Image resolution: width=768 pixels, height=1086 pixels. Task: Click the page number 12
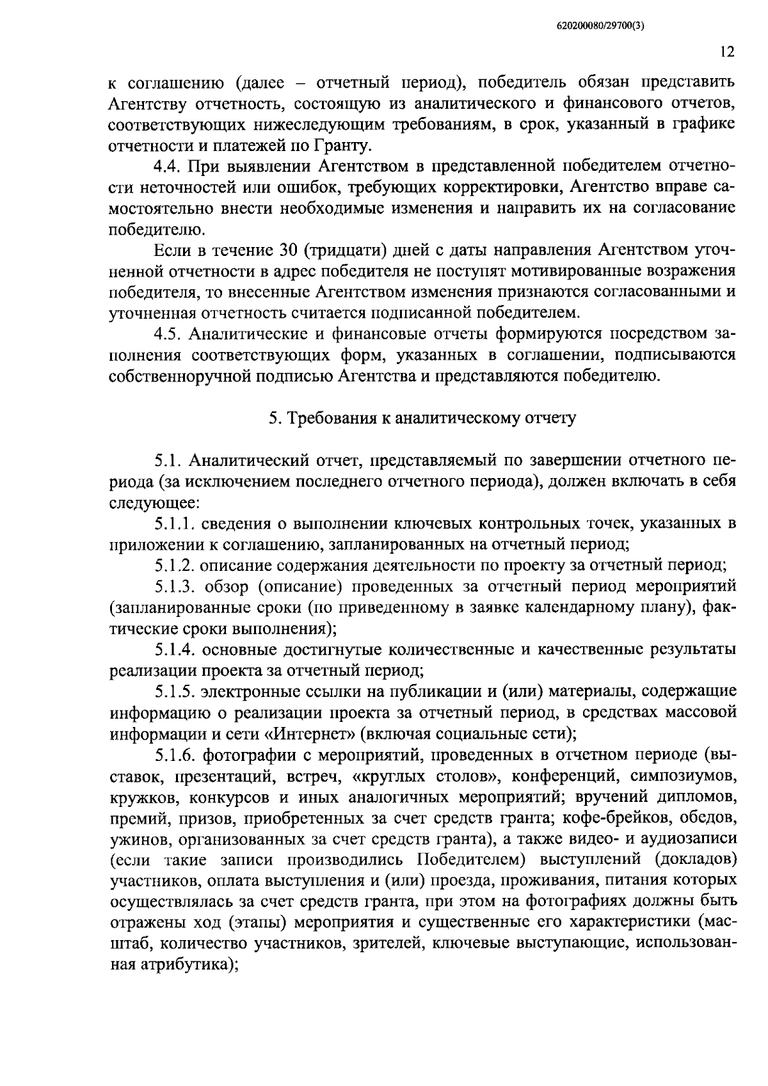click(x=726, y=52)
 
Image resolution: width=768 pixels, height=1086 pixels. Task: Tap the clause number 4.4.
click(x=168, y=167)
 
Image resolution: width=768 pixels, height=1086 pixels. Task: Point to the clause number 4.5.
click(x=168, y=334)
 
